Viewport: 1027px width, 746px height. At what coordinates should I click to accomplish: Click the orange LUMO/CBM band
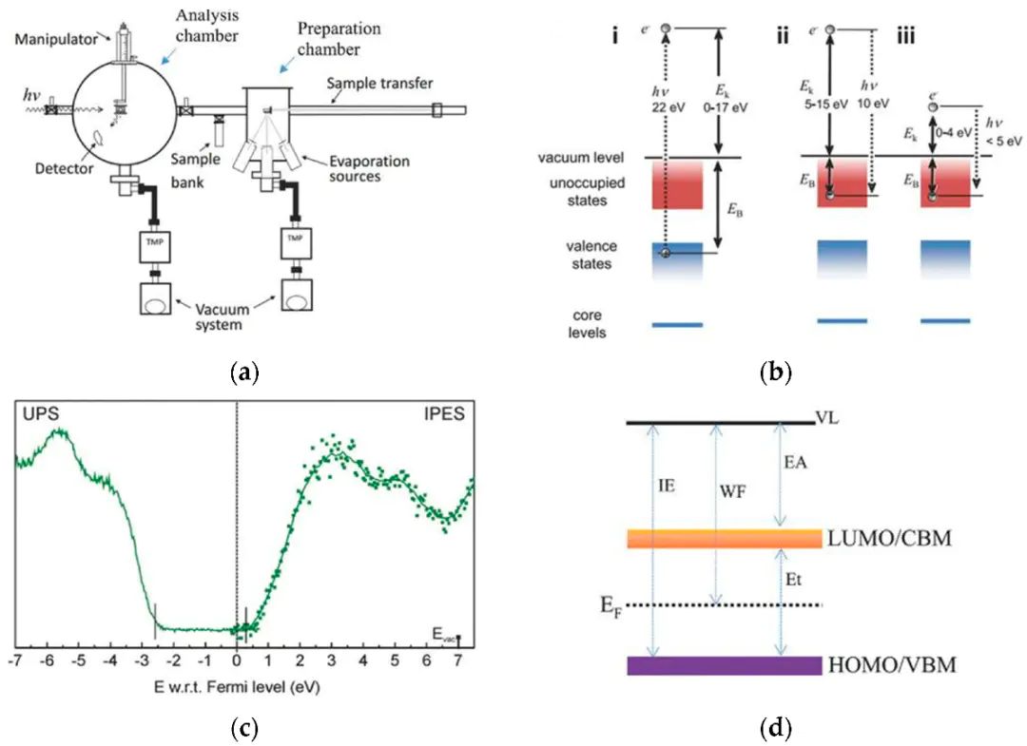(x=724, y=538)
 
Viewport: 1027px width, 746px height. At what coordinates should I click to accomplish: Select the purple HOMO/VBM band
(x=724, y=665)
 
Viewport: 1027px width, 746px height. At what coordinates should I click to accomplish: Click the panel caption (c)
(x=245, y=728)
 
